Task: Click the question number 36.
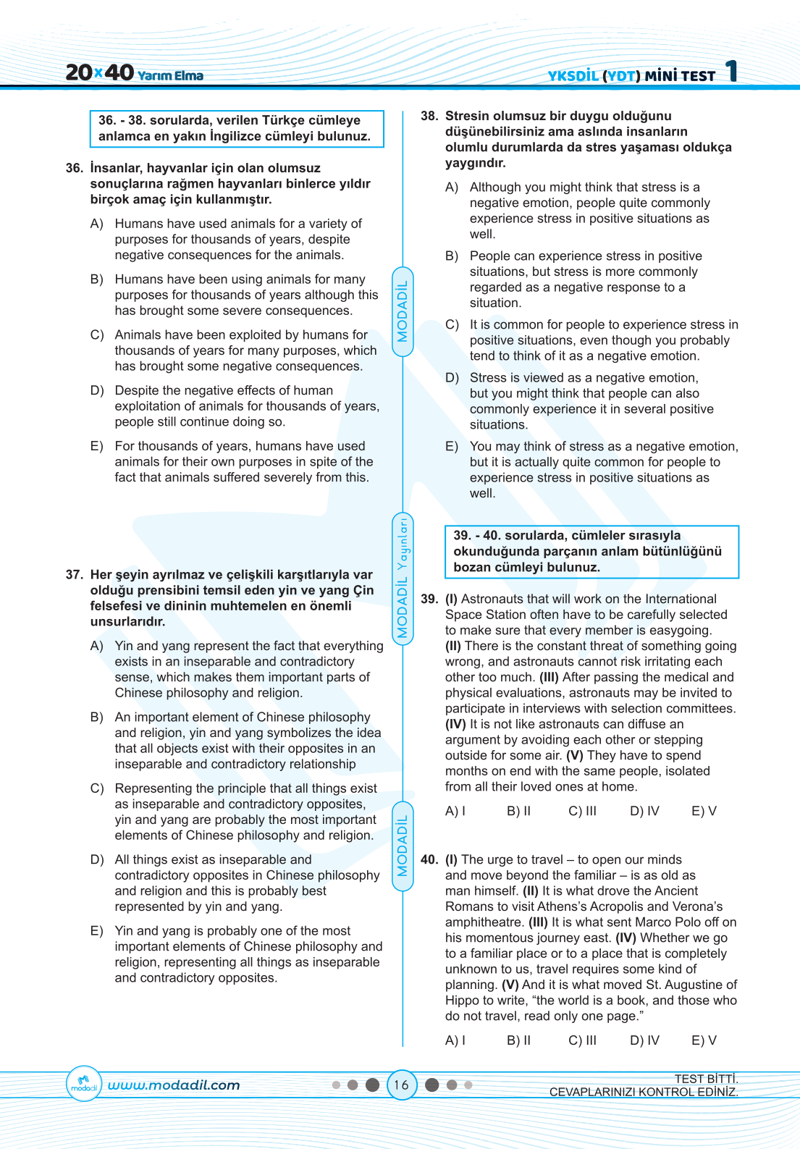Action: (75, 168)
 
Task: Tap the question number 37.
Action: (75, 575)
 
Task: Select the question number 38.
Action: (429, 116)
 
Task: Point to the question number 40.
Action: (429, 859)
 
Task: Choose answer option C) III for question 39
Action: (582, 811)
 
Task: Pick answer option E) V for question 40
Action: (704, 1040)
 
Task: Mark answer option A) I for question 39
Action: (455, 811)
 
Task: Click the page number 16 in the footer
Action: (401, 1085)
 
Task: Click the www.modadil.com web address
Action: (174, 1085)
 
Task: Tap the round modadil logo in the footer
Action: (84, 1085)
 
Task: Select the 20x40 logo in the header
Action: (99, 72)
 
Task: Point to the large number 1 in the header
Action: (732, 71)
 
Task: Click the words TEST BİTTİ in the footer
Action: (706, 1079)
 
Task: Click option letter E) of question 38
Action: (452, 447)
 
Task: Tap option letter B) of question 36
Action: (97, 279)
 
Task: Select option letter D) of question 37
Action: (97, 859)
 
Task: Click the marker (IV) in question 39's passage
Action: (455, 724)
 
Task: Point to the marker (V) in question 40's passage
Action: (510, 985)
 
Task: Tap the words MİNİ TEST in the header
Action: (680, 75)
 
